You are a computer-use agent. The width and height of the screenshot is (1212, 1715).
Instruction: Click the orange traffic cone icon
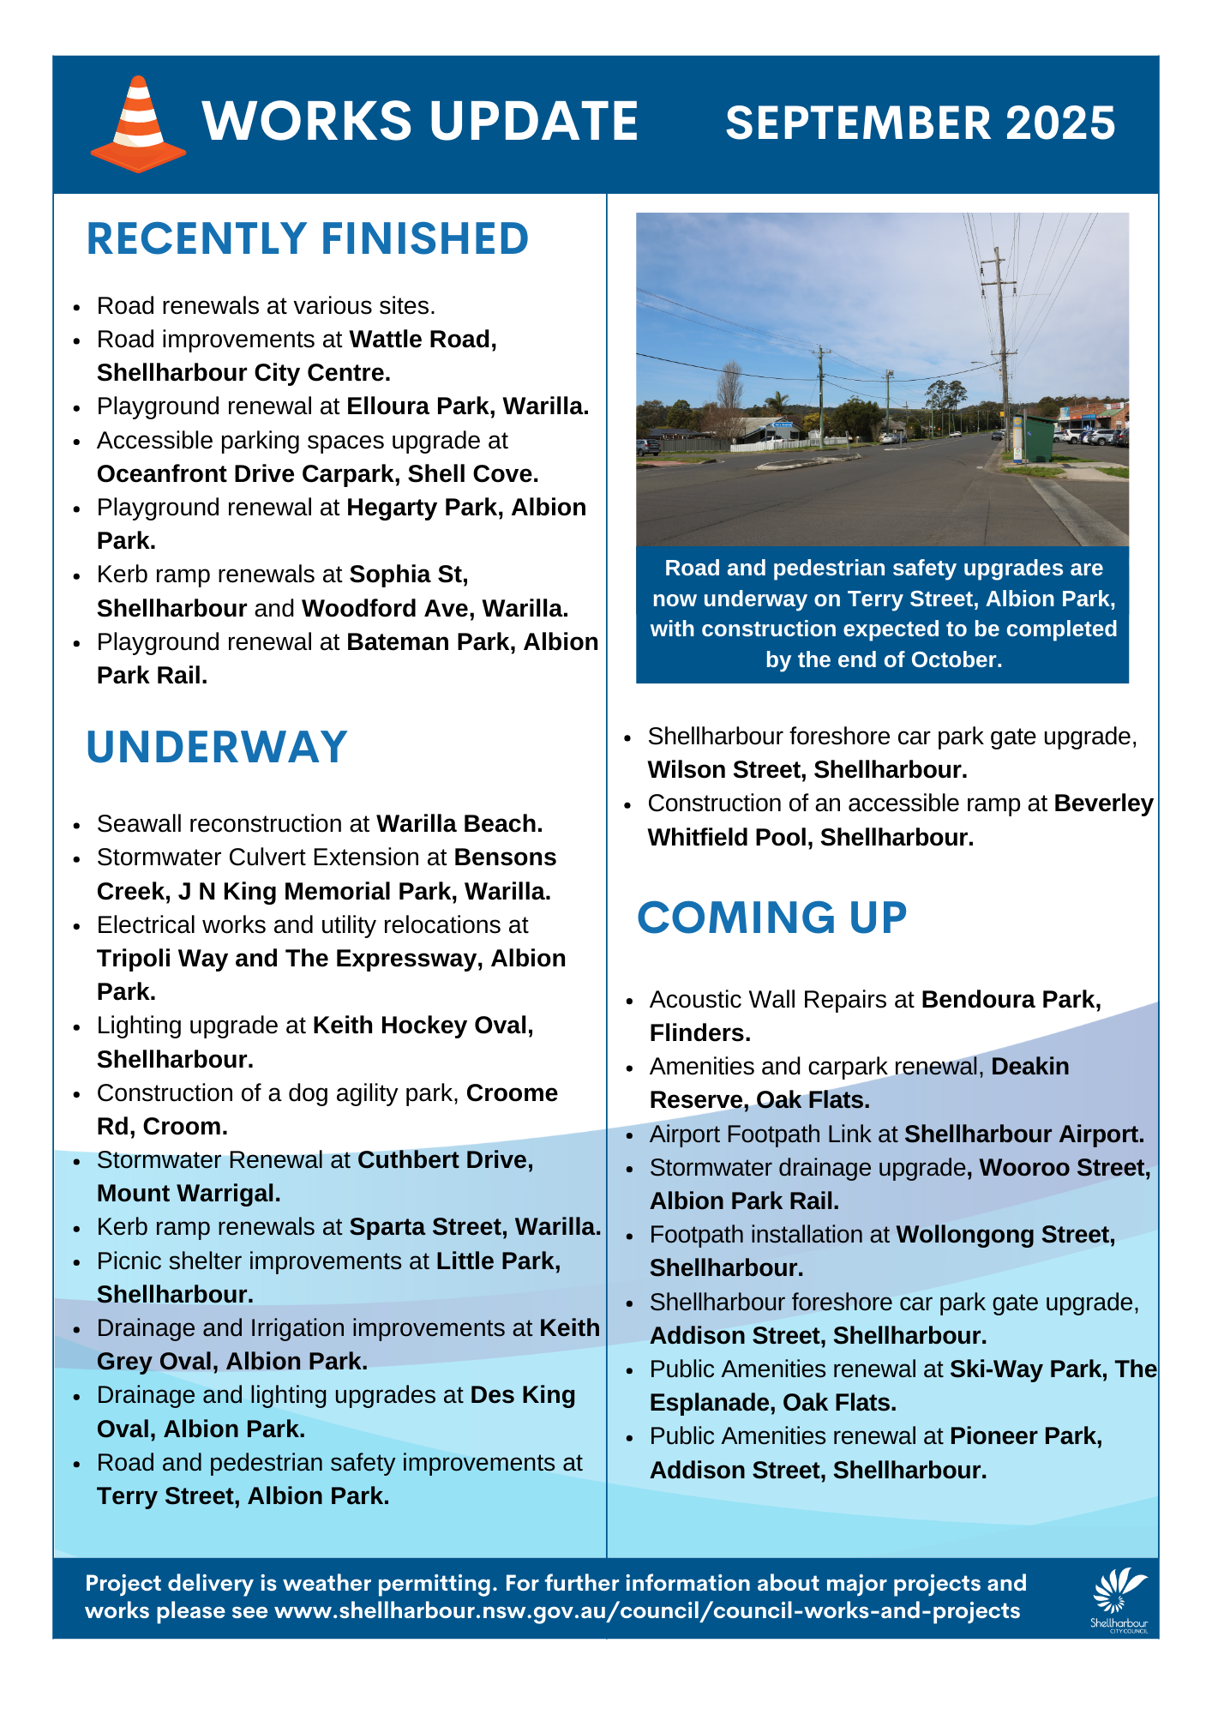(138, 125)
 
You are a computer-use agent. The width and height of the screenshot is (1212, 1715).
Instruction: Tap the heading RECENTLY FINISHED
(307, 239)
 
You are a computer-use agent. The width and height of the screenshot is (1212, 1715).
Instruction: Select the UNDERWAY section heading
(217, 747)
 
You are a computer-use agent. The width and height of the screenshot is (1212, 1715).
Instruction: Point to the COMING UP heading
(771, 918)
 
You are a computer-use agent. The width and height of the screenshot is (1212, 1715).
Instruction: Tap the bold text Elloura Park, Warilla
(467, 406)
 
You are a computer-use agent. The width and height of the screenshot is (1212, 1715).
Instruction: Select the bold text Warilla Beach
(459, 824)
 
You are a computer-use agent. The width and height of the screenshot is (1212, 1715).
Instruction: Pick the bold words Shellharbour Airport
(1024, 1134)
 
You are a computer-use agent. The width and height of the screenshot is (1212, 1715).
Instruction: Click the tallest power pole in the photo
(1000, 343)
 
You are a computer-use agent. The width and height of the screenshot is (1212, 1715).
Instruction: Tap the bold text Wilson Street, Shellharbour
(807, 770)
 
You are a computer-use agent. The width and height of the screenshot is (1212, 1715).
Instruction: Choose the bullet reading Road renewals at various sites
(266, 306)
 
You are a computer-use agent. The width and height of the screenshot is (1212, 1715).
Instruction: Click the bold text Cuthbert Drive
(445, 1160)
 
